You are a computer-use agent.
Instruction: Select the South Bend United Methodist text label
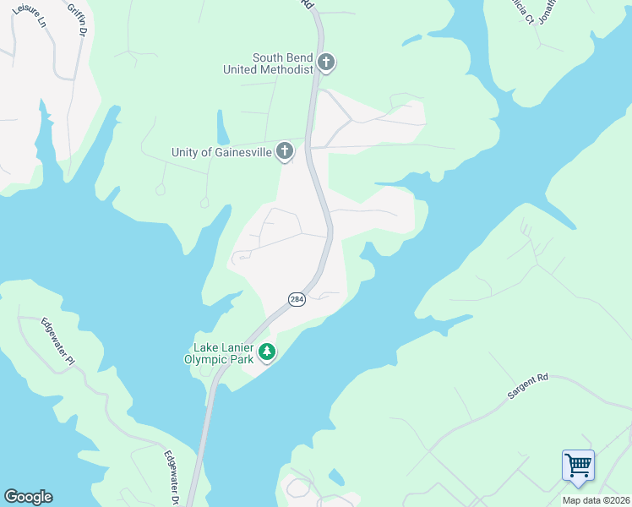point(268,63)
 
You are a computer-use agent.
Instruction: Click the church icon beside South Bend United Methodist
point(326,63)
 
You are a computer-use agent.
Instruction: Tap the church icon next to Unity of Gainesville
point(286,152)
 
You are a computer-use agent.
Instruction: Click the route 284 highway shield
point(297,300)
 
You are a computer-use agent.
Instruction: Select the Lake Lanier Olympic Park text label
point(223,353)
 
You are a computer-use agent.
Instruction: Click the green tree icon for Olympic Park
point(267,352)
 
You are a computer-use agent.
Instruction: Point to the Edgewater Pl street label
point(57,341)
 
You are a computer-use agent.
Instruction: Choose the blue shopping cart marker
point(578,466)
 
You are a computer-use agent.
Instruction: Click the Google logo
point(28,497)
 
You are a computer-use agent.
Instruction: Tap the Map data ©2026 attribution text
point(597,500)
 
